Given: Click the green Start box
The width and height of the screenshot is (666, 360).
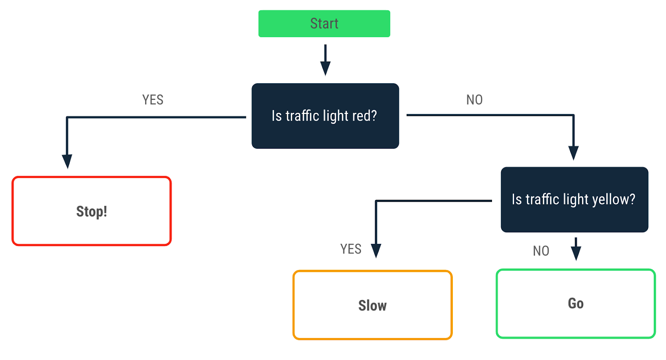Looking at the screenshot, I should (324, 24).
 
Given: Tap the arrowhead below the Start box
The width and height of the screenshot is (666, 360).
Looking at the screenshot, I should (325, 68).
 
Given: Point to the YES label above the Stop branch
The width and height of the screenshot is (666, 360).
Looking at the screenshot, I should (153, 100).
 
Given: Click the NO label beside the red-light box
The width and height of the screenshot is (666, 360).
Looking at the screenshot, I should (474, 100).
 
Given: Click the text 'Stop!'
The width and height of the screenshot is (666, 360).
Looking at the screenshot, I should (92, 211).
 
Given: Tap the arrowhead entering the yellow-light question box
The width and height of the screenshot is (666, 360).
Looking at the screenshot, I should (574, 153).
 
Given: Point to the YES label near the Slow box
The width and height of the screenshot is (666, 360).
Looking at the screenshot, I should (350, 249).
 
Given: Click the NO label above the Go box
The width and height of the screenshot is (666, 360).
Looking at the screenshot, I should (541, 251).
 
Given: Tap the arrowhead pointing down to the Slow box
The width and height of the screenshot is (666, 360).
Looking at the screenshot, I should (376, 251).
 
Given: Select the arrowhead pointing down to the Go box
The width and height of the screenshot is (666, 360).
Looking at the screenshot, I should (576, 253).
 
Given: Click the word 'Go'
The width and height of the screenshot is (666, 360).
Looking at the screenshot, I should (576, 303).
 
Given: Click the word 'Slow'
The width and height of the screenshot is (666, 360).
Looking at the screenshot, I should (372, 305).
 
